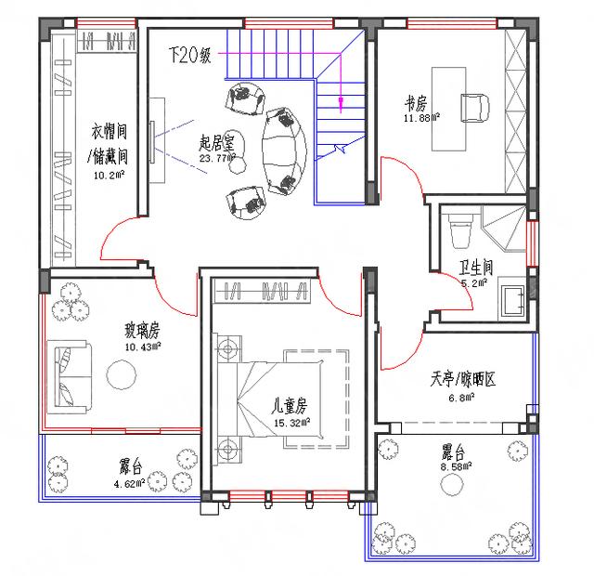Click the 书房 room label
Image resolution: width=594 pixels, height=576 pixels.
[415, 101]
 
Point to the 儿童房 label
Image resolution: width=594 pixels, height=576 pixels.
[289, 405]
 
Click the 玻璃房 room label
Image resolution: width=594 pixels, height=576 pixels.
[142, 330]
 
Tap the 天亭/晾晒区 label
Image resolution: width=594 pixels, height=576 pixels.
[463, 379]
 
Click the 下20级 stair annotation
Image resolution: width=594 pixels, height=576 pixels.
[190, 55]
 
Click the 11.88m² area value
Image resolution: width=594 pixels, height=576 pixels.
[421, 117]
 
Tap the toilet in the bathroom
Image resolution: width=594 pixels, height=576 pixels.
[459, 230]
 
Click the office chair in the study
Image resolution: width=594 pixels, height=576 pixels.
[475, 103]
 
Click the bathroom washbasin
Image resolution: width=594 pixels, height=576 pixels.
[509, 299]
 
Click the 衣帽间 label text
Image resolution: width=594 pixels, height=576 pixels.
[109, 129]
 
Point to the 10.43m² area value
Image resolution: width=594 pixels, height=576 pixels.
[142, 346]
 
